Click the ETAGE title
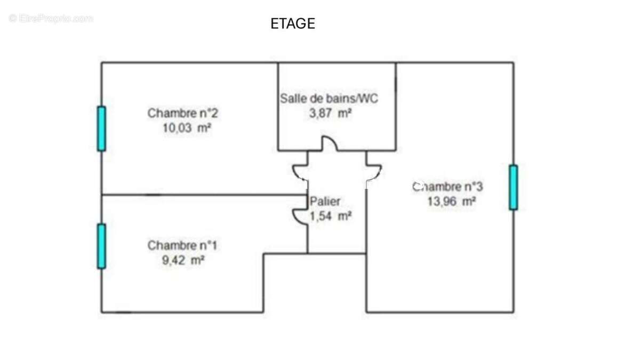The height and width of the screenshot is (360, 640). click(293, 23)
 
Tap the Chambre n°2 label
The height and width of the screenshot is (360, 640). click(183, 113)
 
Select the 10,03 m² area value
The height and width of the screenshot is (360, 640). click(187, 128)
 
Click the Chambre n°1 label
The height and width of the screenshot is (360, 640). click(182, 245)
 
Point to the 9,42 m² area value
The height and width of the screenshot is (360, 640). click(183, 260)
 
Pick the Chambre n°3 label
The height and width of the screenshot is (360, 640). click(447, 187)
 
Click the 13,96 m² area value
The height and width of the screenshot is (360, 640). click(451, 202)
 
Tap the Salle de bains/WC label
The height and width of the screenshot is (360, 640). click(329, 99)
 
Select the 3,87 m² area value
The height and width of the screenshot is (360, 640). click(330, 114)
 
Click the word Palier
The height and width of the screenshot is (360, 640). click(325, 202)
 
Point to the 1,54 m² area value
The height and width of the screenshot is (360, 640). click(331, 217)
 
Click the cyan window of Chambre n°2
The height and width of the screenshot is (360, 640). click(101, 129)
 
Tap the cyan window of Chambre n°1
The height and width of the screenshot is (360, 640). click(101, 246)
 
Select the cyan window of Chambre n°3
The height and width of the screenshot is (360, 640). click(513, 187)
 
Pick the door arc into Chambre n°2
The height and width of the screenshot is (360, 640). click(295, 175)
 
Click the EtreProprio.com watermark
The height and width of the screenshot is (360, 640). click(51, 19)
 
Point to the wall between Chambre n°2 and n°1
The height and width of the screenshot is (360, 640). click(204, 195)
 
